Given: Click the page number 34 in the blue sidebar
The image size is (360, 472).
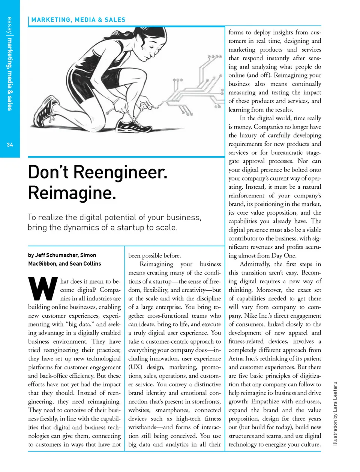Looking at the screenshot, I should coord(10,145).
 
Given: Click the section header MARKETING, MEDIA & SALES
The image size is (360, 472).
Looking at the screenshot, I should coord(78,20).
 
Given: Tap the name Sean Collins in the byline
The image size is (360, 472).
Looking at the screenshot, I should coord(85,264).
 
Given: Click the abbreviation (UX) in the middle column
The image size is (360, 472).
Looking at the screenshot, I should coord(135,367).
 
